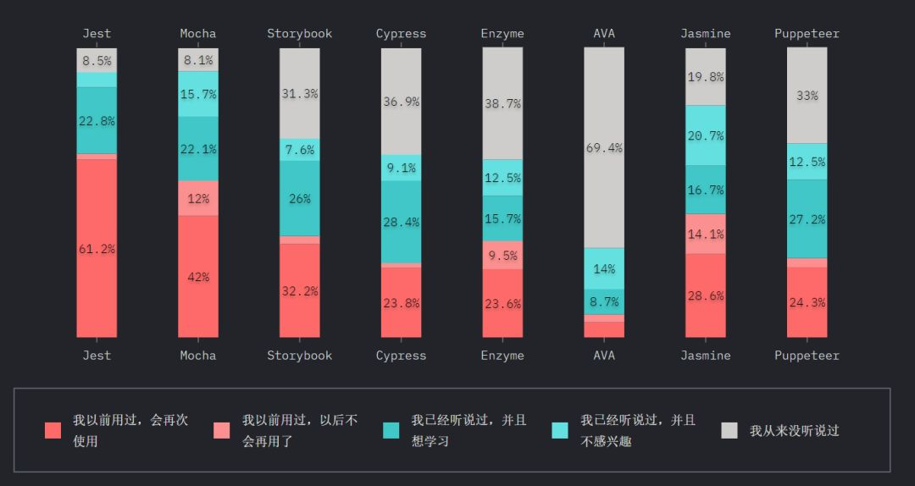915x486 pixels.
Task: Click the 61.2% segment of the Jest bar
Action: click(97, 249)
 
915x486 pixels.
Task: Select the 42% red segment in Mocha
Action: click(198, 277)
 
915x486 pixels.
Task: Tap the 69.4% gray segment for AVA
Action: click(604, 147)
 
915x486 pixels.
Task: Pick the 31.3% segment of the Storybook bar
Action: click(300, 94)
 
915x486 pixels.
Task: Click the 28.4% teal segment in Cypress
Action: click(401, 222)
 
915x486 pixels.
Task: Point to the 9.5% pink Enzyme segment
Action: click(502, 255)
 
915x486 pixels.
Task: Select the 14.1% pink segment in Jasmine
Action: click(706, 235)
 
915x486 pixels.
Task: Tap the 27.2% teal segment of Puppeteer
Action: click(807, 218)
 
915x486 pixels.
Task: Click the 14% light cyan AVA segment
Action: click(604, 269)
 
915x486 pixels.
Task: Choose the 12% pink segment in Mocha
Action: click(198, 199)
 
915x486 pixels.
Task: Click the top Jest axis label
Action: click(97, 34)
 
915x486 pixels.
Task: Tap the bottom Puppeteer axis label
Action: click(807, 356)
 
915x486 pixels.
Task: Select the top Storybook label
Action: click(300, 34)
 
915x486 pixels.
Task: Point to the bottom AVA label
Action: click(604, 356)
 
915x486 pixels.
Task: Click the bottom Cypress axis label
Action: click(401, 356)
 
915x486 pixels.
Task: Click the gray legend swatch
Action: click(729, 430)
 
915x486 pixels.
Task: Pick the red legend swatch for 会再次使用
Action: click(53, 430)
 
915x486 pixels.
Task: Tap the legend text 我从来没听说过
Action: click(794, 430)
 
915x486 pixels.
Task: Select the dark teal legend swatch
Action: click(391, 430)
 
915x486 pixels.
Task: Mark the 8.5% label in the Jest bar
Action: click(97, 61)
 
